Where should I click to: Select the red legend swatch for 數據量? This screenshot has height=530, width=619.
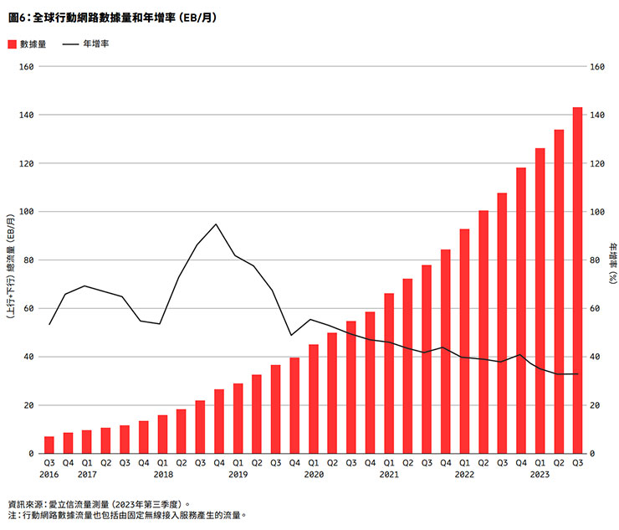pos(12,44)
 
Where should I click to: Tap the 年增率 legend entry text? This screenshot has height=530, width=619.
pos(95,44)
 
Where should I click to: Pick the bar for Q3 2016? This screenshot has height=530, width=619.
pos(49,445)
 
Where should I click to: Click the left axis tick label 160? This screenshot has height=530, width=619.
pos(25,66)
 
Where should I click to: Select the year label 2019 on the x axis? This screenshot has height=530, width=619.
pos(238,474)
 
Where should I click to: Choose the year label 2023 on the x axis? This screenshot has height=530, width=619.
pos(540,474)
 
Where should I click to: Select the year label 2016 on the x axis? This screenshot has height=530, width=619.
pos(49,474)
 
